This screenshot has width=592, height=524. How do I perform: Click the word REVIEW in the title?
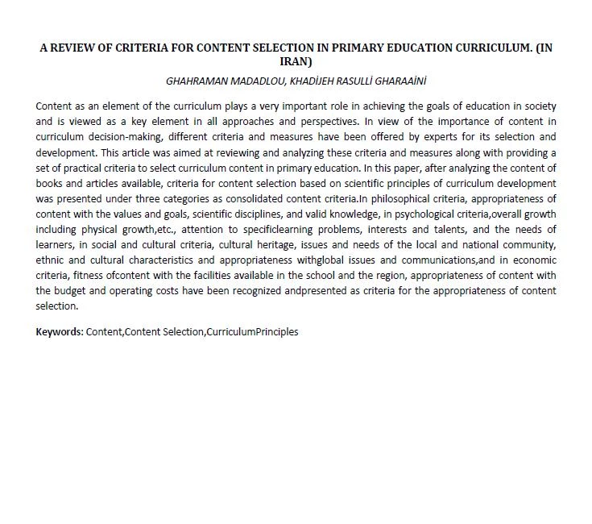pyautogui.click(x=77, y=48)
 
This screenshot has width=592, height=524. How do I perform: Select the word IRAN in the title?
pyautogui.click(x=296, y=60)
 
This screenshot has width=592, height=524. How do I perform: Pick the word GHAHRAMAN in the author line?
pyautogui.click(x=193, y=81)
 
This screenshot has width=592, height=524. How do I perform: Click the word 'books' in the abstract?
pyautogui.click(x=50, y=184)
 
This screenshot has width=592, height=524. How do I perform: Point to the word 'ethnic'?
pyautogui.click(x=50, y=260)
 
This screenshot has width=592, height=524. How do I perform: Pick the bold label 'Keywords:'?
pyautogui.click(x=60, y=331)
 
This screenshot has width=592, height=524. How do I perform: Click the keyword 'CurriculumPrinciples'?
pyautogui.click(x=252, y=331)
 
